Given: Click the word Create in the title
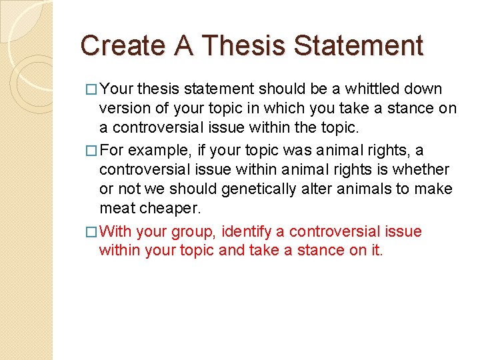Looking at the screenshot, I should [x=122, y=45].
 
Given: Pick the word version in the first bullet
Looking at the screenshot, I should [x=123, y=109].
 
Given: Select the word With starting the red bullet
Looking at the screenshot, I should [x=116, y=231].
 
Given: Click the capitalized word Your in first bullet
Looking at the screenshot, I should [x=117, y=89].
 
